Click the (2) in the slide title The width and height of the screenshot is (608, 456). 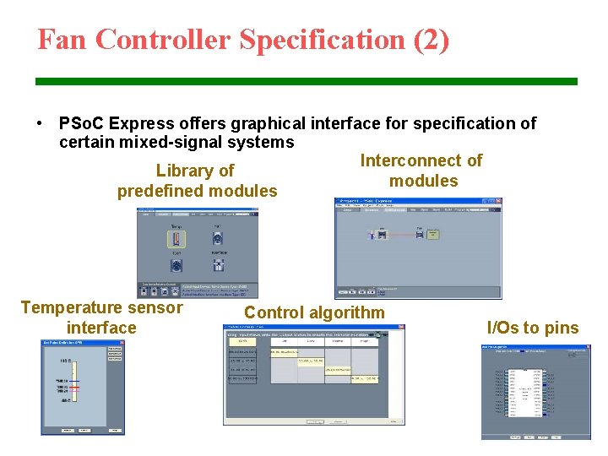pyautogui.click(x=431, y=40)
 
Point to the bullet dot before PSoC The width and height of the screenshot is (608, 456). pyautogui.click(x=41, y=123)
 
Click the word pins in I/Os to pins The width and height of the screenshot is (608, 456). pyautogui.click(x=562, y=328)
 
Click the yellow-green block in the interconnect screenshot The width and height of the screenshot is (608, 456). pyautogui.click(x=432, y=232)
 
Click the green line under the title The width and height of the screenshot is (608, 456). pyautogui.click(x=306, y=81)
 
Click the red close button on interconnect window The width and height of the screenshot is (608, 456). pyautogui.click(x=498, y=204)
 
